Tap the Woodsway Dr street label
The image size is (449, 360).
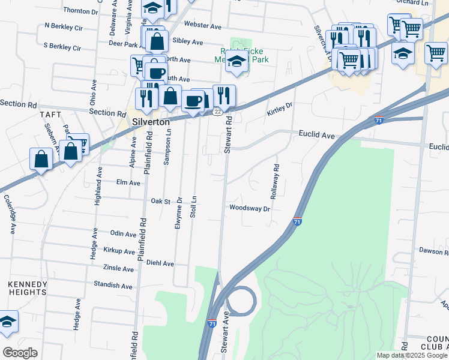(250, 208)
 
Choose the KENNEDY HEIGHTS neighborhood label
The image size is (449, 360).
(27, 288)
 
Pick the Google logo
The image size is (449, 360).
(20, 352)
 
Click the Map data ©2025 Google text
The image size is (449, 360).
(411, 355)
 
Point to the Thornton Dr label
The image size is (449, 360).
(80, 11)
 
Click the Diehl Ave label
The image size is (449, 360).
(160, 263)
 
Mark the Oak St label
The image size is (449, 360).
(161, 201)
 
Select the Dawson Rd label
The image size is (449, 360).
(434, 251)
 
